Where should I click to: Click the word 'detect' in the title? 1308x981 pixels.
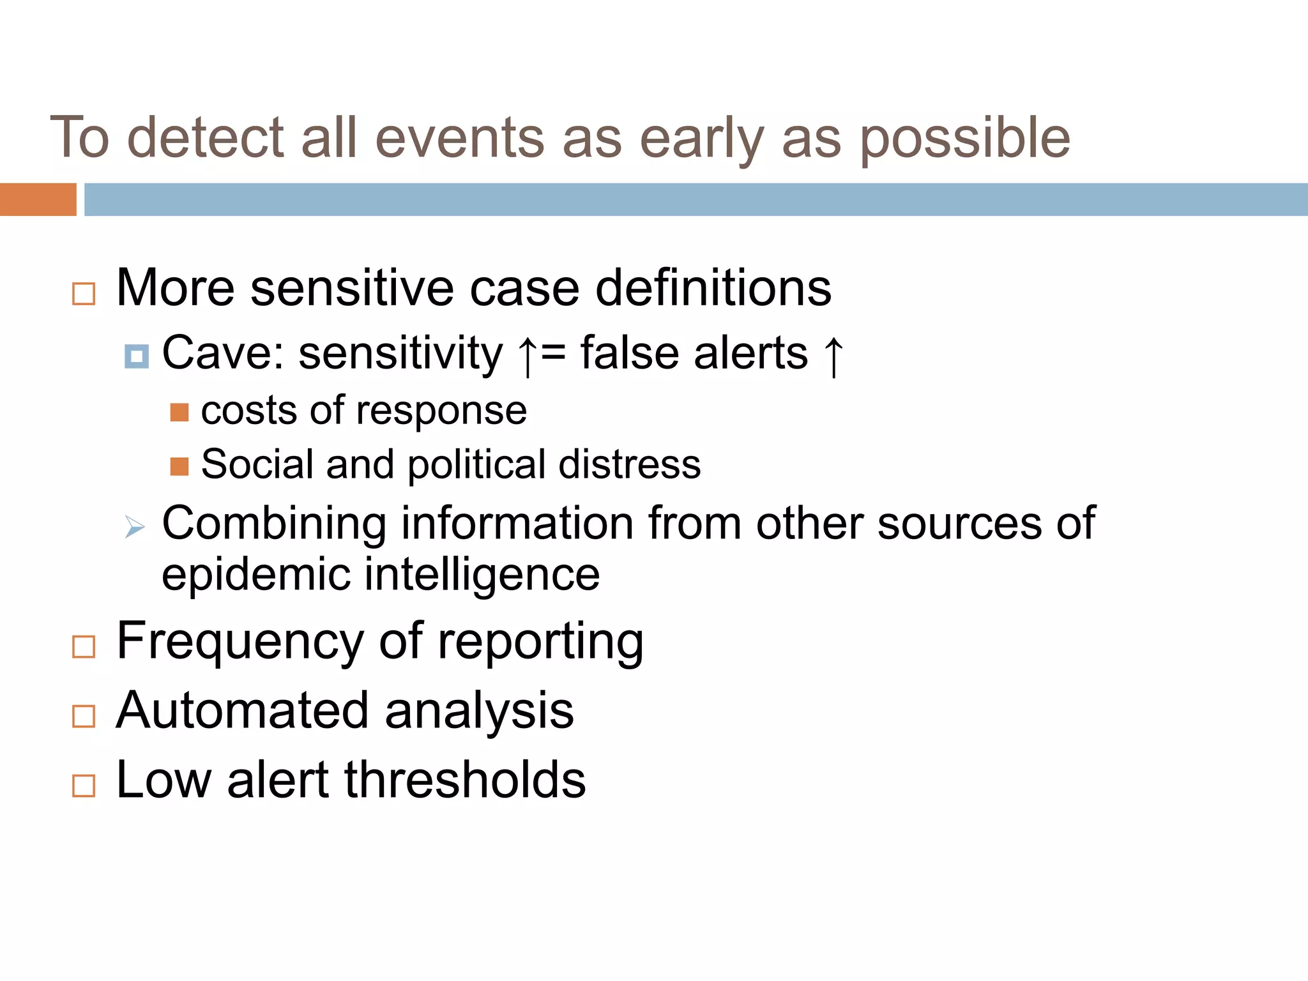205,138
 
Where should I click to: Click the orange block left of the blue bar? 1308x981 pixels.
38,199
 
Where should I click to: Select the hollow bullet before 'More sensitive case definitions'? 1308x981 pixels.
84,294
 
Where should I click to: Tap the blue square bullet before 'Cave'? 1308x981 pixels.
137,356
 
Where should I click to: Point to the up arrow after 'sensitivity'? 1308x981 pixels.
527,356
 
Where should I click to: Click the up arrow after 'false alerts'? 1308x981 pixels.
833,356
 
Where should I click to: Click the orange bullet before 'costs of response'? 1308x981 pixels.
179,413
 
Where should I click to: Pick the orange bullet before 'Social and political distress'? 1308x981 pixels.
179,467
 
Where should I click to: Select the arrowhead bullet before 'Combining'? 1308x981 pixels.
135,527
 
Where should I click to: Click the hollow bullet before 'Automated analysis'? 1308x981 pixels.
84,717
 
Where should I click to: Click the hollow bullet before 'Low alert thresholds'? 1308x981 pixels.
84,786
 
